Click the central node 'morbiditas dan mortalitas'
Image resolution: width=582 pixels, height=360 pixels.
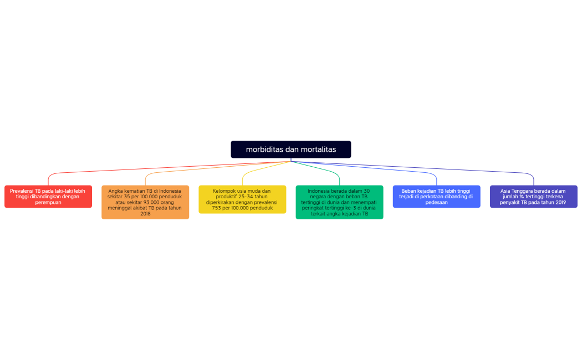pos(290,150)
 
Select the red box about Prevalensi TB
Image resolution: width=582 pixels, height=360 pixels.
pos(48,197)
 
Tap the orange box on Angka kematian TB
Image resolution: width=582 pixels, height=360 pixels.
pos(145,202)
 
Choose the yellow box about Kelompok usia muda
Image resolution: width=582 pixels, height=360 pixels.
pos(242,199)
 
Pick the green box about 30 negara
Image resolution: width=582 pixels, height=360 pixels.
pos(339,202)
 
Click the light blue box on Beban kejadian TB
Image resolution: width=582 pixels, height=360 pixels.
pos(436,197)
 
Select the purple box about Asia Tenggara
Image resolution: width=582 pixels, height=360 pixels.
pos(533,197)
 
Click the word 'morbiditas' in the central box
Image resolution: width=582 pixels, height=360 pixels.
pos(264,150)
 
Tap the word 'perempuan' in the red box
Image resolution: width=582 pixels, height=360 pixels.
pos(48,202)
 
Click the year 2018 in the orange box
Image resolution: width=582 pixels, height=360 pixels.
pos(145,214)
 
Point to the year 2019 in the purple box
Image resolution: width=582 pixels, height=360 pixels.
pos(559,202)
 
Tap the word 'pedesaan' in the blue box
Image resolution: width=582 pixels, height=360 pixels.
pos(436,202)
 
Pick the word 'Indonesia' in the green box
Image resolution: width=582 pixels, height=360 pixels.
pos(318,191)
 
